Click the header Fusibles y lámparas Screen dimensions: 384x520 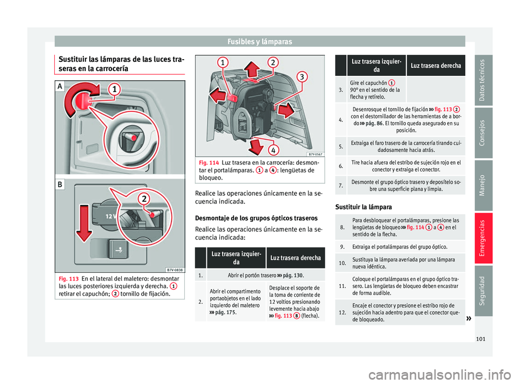pos(259,41)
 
